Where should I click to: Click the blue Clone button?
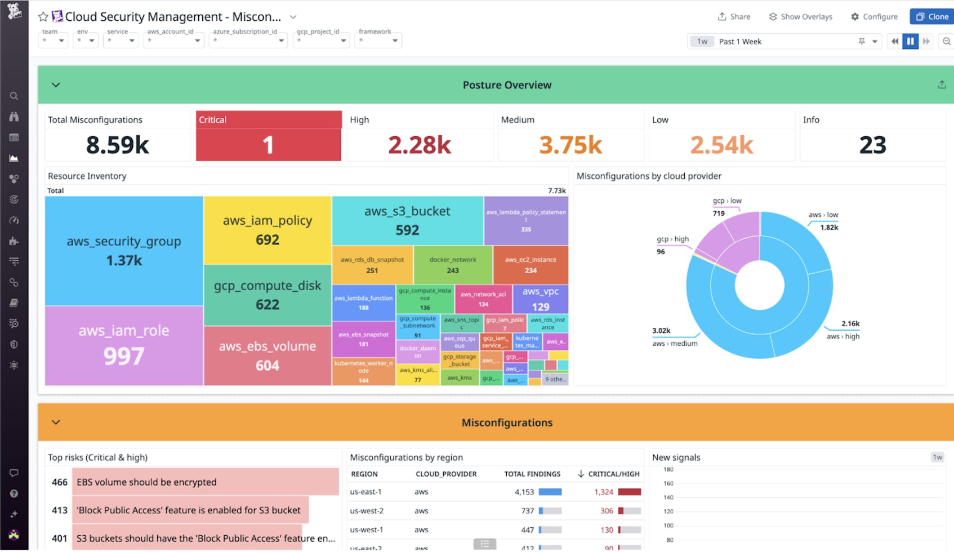(x=932, y=17)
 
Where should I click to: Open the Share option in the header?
(x=734, y=17)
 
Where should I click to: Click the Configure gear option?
(x=874, y=17)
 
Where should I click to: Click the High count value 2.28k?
(x=419, y=145)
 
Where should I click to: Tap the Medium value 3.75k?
(x=570, y=145)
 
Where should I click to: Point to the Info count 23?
(x=872, y=145)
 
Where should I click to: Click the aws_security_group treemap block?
(x=124, y=251)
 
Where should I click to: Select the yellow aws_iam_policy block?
(x=268, y=230)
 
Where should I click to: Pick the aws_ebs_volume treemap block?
(x=268, y=355)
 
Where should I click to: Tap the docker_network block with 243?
(x=453, y=265)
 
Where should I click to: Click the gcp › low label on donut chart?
(x=726, y=201)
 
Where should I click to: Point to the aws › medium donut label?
(x=675, y=344)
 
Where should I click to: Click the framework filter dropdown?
(x=378, y=40)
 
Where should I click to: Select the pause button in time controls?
(x=910, y=41)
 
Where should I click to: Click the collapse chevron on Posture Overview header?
(x=56, y=85)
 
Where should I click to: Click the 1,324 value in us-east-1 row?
(x=603, y=492)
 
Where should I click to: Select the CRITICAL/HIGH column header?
(x=613, y=474)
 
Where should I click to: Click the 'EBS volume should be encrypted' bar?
(x=205, y=482)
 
